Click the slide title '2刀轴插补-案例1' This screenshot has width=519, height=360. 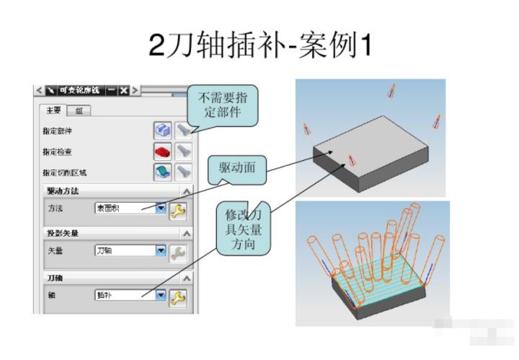(x=260, y=45)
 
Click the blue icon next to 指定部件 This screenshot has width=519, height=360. (x=162, y=130)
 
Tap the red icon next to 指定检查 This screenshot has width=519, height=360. (x=162, y=152)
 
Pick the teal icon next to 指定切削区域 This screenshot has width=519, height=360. (x=162, y=172)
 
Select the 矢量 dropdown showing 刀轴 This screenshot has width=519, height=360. (x=130, y=251)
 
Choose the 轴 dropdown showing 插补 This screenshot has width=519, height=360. (x=130, y=295)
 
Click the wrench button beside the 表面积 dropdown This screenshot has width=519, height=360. (x=177, y=210)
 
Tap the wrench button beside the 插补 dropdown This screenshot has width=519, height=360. (x=177, y=297)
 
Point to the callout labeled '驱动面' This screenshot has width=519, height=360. (x=237, y=172)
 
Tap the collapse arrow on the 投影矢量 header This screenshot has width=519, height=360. (x=187, y=234)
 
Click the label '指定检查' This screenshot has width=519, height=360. (x=58, y=152)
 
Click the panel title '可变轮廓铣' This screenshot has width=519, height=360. (x=79, y=90)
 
